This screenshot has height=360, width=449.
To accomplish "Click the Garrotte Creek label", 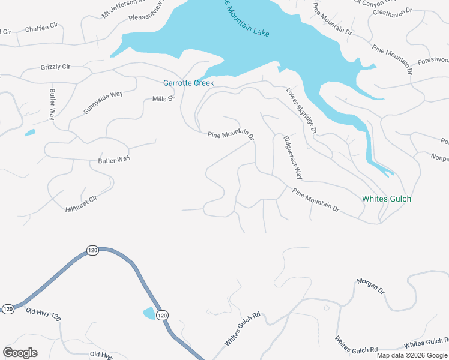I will click(188, 83).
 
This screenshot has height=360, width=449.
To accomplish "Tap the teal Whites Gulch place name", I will click(387, 199).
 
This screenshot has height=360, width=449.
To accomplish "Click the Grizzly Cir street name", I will click(56, 67).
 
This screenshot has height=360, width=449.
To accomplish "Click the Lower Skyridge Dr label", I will click(301, 111).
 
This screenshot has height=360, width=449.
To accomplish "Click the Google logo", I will click(20, 352).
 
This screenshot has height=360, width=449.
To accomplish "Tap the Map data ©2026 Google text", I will click(412, 355).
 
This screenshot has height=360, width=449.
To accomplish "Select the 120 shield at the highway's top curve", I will click(92, 250).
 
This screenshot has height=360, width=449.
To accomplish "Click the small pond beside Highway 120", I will click(148, 313).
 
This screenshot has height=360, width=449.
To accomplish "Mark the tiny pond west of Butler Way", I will click(29, 133).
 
